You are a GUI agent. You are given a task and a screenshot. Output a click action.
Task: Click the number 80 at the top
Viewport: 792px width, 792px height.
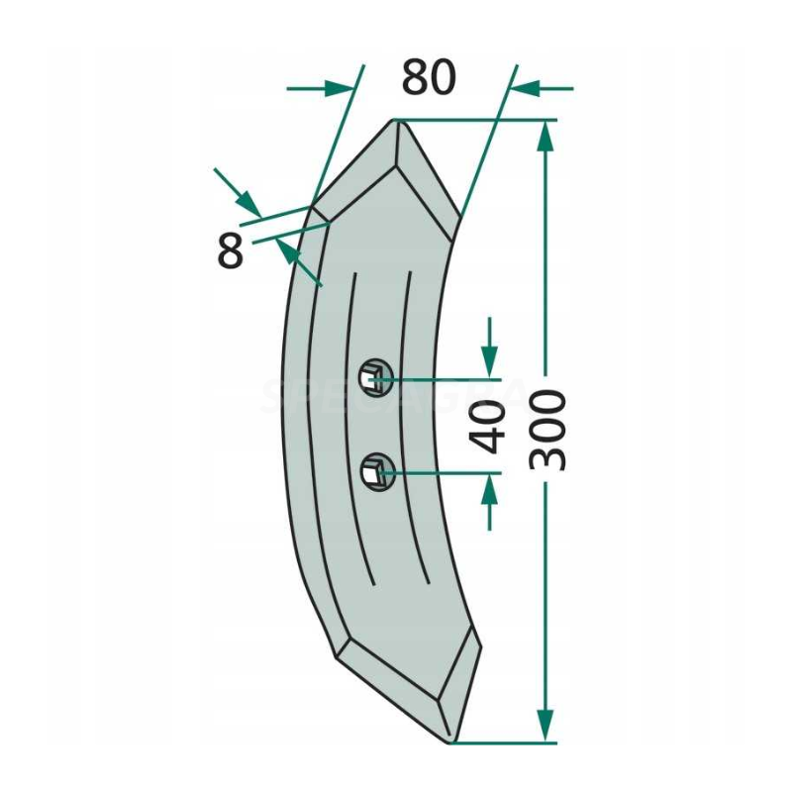[x=429, y=78]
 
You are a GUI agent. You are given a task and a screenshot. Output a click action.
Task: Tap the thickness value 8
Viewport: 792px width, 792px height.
[x=230, y=252]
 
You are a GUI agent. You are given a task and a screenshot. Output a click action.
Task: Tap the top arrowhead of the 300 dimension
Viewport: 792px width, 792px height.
[x=544, y=139]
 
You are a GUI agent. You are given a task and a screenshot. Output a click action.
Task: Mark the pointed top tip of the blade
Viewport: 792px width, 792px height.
[x=396, y=122]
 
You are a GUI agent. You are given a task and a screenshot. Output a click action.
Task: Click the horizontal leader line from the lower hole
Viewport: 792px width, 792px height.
[x=445, y=473]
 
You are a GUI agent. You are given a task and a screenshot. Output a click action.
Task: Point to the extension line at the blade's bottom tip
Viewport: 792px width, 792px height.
[x=505, y=742]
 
